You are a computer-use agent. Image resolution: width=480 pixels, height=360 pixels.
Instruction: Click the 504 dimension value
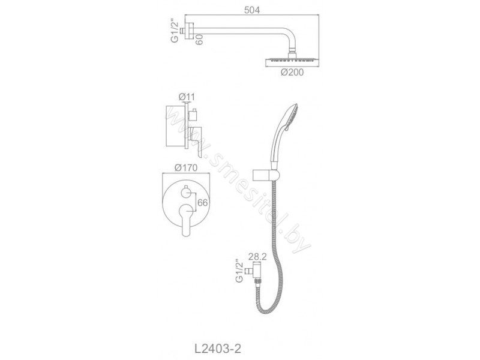(252, 10)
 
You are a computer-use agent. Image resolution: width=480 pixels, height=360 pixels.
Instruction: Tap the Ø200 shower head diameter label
(292, 73)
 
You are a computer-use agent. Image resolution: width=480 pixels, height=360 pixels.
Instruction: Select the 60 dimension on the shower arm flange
(199, 39)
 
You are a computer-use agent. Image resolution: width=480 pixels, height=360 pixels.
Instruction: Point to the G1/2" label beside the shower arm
(175, 31)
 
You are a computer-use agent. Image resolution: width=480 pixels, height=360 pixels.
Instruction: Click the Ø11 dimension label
(187, 97)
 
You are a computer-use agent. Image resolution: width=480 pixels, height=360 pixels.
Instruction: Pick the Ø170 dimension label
(186, 168)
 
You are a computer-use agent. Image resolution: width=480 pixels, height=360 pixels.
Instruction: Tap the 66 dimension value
(203, 203)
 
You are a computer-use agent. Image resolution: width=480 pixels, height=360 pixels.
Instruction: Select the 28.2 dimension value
(257, 257)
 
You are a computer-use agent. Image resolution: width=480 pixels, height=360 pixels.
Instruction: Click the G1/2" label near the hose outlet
(239, 271)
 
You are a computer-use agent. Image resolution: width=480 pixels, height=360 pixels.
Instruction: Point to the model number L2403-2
(218, 349)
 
